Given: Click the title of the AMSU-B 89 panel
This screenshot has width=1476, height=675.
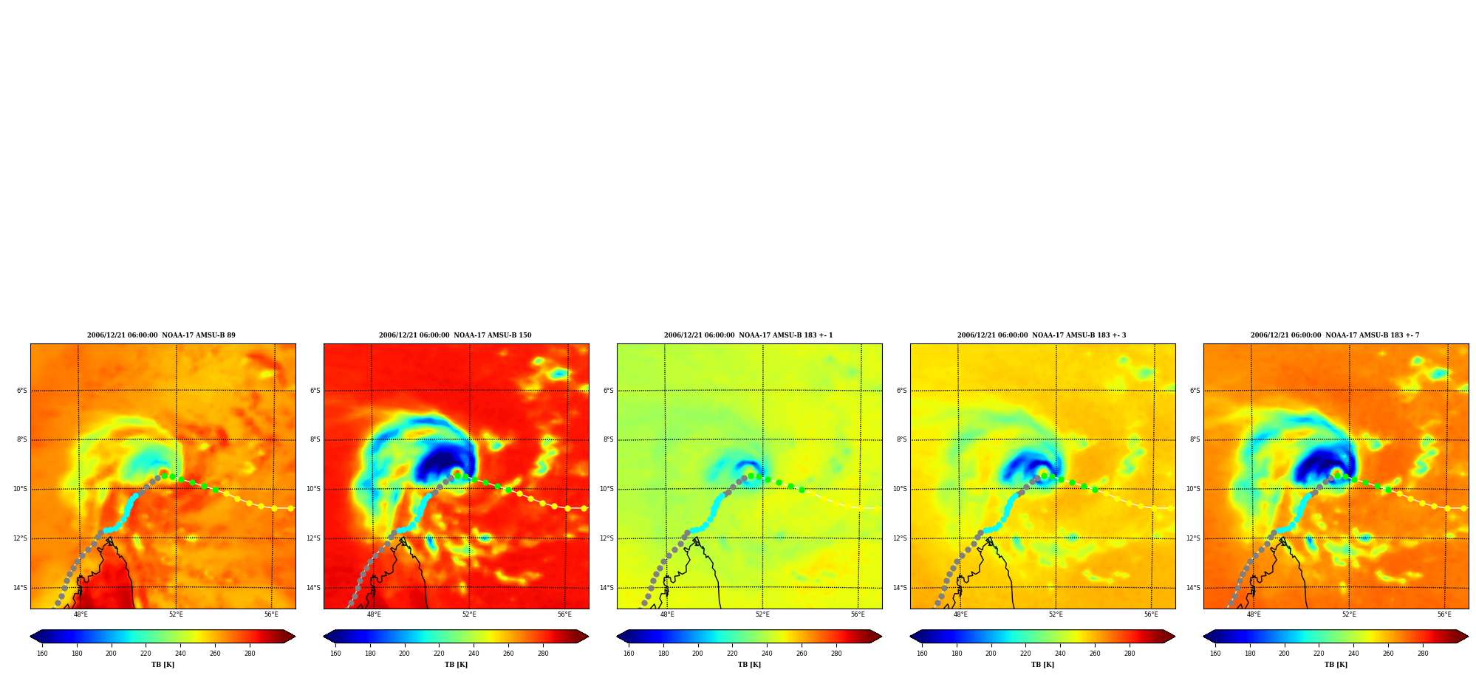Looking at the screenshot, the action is click(161, 335).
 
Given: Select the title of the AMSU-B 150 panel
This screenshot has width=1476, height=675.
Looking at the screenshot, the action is click(455, 335).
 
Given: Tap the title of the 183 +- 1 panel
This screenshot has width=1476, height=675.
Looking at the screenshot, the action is click(748, 335).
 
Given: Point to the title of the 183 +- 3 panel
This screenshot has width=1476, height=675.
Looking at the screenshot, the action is click(1042, 335).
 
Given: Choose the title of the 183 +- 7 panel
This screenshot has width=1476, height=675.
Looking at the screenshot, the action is click(1335, 335).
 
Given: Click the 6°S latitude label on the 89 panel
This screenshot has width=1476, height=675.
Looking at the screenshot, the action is click(22, 391).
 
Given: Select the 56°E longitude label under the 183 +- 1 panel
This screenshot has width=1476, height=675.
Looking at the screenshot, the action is click(858, 614).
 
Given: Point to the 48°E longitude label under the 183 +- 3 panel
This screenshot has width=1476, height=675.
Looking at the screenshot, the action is click(960, 614).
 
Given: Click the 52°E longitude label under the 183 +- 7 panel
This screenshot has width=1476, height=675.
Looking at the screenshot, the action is click(1349, 614).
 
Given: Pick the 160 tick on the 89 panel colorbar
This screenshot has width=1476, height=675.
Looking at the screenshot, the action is click(42, 654).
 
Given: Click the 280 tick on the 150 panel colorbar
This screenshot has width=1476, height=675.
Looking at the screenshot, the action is click(543, 654).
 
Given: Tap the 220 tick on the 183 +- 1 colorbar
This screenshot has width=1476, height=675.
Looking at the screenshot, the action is click(732, 654).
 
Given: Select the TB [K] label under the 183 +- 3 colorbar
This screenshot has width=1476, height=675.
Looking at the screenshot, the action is click(1042, 665).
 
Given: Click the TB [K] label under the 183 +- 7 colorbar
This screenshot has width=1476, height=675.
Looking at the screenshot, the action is click(1336, 665).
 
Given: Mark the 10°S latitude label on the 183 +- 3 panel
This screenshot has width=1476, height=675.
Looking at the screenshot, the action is click(900, 489).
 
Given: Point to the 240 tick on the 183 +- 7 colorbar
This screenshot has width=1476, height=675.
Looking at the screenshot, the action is click(1353, 654).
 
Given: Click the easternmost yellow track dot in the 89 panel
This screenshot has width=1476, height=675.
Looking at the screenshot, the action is click(290, 508).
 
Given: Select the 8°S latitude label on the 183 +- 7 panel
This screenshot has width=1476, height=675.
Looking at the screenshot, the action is click(1195, 439).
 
